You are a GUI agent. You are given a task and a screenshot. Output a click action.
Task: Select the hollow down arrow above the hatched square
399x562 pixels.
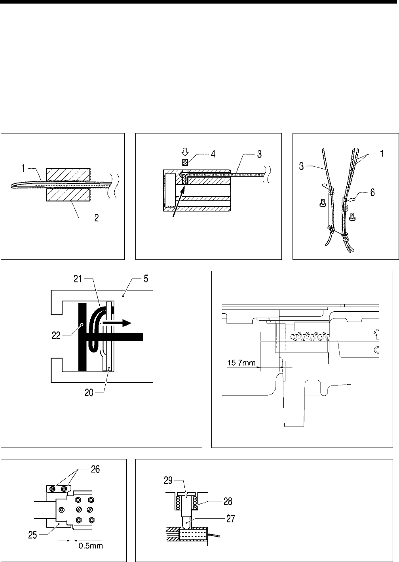tap(184, 152)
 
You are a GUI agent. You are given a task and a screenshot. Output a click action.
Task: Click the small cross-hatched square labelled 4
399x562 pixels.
tap(184, 162)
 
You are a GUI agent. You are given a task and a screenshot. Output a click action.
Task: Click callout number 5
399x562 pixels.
tap(146, 279)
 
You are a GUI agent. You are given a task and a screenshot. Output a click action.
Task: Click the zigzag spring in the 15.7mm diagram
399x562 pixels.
tap(309, 337)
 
